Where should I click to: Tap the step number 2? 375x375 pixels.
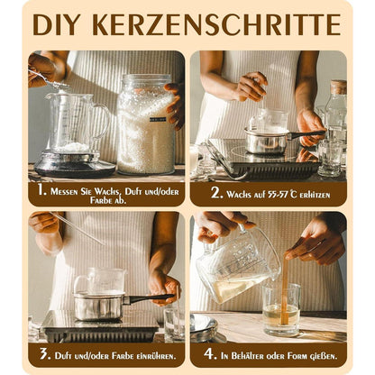tap(216, 192)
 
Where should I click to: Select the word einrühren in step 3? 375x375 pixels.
tap(144, 353)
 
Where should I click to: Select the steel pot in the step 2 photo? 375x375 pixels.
tap(266, 140)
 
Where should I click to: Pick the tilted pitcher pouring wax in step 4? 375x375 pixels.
tap(236, 266)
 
